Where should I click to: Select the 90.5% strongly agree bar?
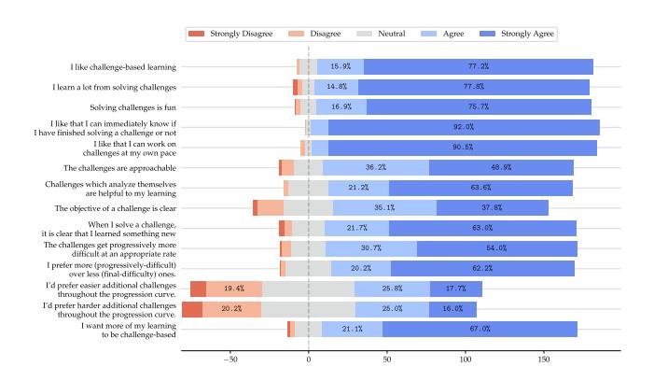463,148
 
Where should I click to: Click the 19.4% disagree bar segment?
234,289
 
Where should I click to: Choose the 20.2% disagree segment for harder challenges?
232,309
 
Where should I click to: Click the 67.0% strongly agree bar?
480,329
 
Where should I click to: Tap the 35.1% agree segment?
384,208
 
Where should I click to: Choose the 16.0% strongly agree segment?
452,309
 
